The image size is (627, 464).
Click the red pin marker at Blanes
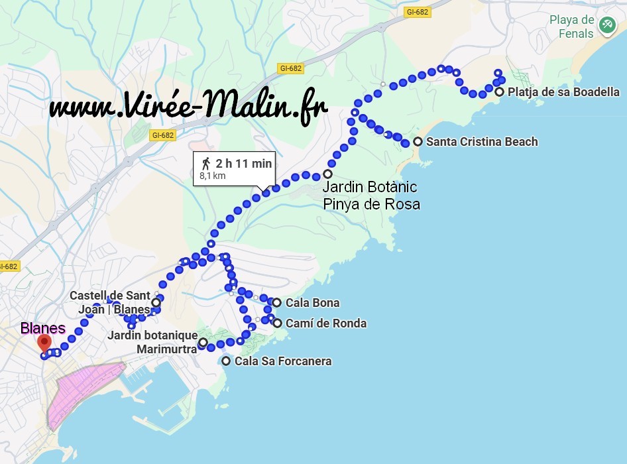point(44,343)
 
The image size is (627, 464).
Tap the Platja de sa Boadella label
point(563,92)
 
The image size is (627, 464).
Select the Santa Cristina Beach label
point(482,142)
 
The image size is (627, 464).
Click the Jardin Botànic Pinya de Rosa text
point(371,196)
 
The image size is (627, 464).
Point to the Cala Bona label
point(312,303)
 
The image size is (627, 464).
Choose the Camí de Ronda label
point(325,323)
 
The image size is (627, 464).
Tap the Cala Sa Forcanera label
point(283,361)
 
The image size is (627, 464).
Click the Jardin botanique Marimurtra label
point(152,342)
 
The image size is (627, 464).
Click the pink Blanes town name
point(43,328)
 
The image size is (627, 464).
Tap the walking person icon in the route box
point(206,163)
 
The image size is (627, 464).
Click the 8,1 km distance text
point(213,176)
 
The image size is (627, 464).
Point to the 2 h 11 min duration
point(243,163)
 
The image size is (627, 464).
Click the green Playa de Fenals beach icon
point(606,25)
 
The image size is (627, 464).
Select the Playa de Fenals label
point(571,27)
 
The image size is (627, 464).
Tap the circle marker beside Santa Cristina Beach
point(418,142)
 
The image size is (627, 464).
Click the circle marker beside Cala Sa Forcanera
point(227,361)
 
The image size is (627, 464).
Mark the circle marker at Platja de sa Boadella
point(499,92)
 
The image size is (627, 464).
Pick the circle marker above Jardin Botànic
point(327,174)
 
